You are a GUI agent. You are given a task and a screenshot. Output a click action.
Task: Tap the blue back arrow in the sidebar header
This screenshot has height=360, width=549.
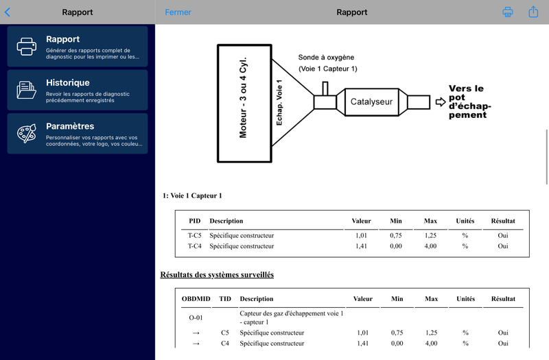point(8,12)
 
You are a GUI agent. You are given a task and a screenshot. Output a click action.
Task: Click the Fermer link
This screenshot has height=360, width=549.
point(178,12)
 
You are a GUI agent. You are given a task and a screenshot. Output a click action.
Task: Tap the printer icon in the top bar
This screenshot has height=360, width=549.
point(508,12)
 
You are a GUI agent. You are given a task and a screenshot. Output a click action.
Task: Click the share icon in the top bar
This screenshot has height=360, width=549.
point(533,12)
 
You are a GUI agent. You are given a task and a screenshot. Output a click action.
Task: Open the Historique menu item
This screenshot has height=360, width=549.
point(78,90)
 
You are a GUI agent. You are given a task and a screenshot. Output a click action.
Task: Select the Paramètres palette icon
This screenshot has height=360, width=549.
point(27,133)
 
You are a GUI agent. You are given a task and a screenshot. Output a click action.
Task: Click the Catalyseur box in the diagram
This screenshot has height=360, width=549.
point(371,101)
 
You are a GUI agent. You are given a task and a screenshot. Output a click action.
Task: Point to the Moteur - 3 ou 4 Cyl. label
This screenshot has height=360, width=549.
point(243,97)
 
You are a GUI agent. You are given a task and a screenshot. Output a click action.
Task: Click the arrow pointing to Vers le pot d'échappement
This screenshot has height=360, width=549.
point(441,101)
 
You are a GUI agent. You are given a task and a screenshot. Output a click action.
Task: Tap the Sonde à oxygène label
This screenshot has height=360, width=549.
point(326,58)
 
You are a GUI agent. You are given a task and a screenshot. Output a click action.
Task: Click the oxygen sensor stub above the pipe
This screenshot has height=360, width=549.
point(325,88)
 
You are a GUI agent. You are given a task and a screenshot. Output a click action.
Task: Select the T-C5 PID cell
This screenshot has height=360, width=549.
point(195,235)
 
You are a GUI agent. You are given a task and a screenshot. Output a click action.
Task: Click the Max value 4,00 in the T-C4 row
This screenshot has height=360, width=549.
point(430,246)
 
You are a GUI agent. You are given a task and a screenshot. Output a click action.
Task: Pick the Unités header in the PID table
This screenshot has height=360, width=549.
point(465,221)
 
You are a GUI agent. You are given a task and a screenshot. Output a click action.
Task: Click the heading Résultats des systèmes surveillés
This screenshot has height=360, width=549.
point(217,275)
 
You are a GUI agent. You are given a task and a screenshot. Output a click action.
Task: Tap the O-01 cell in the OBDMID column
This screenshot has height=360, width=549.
point(196,317)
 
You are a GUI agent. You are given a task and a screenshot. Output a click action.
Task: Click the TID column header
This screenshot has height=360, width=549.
point(225,299)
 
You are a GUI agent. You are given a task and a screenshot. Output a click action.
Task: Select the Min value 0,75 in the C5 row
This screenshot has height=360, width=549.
point(397,333)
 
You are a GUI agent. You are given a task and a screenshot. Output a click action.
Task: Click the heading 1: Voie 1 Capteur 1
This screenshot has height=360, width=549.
point(192,195)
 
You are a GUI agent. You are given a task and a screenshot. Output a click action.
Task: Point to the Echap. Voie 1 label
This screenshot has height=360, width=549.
point(279,102)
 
